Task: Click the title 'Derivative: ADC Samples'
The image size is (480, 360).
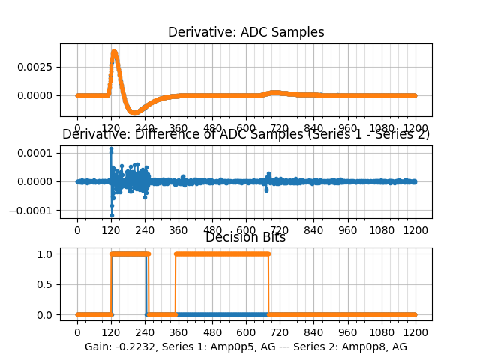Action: pyautogui.click(x=246, y=32)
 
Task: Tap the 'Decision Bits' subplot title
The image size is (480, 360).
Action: pyautogui.click(x=245, y=237)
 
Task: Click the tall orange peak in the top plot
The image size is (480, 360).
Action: pyautogui.click(x=114, y=52)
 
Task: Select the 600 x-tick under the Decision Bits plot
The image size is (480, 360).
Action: pyautogui.click(x=246, y=331)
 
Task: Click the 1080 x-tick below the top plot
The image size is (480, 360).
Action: pyautogui.click(x=382, y=128)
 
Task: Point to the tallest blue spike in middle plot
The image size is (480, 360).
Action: pyautogui.click(x=111, y=149)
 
